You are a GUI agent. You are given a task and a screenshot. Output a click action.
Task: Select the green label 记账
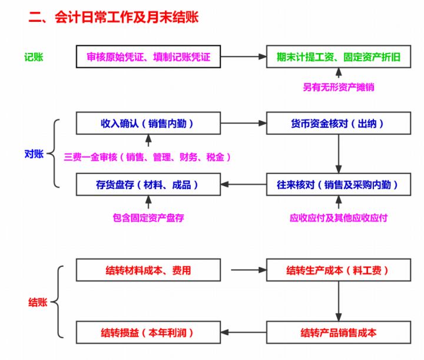pos(34,57)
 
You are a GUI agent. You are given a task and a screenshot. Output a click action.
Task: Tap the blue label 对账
pos(34,154)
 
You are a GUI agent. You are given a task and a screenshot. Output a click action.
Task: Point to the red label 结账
pos(38,302)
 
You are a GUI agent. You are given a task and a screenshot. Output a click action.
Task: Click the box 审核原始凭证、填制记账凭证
pos(148,57)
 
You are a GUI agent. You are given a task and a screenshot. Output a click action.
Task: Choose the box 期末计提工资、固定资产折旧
pos(338,57)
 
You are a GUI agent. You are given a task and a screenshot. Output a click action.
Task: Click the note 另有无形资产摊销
pos(339,87)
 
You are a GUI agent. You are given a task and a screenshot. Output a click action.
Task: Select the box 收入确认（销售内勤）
pos(148,123)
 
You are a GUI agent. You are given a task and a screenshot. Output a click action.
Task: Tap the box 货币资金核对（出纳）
pos(338,123)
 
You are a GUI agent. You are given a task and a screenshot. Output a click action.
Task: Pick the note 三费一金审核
pos(147,157)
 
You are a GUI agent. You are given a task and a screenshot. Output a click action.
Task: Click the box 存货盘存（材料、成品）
pos(148,184)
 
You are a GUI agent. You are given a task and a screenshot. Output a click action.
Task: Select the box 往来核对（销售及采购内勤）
pos(338,184)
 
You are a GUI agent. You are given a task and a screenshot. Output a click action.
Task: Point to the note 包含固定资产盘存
pos(148,217)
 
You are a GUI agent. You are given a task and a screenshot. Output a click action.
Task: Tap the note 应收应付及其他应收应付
pos(339,217)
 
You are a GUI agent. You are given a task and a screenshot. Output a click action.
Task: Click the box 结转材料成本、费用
pos(148,270)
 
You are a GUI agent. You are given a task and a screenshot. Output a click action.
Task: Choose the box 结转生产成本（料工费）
pos(338,270)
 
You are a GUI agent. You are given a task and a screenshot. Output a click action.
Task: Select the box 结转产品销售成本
pos(338,332)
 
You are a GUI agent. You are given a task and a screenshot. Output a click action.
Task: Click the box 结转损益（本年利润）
pos(148,332)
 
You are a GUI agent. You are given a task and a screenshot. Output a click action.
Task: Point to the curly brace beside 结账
pos(58,302)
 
